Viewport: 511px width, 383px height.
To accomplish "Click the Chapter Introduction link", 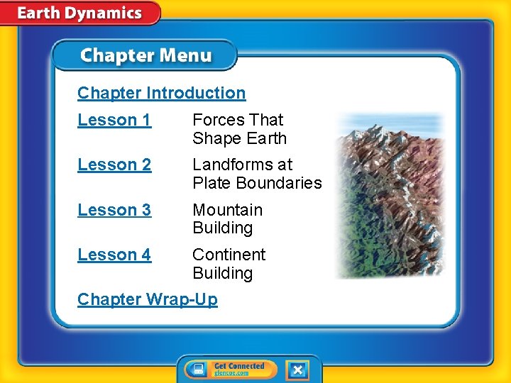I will coord(161,93).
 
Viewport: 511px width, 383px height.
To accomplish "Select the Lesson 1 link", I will coord(114,121).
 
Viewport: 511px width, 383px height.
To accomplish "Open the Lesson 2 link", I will coord(114,165).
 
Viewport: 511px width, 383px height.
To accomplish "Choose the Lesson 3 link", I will coord(114,211).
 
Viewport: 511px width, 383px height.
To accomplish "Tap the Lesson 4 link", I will coord(114,255).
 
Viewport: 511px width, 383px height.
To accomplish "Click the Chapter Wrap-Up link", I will coord(148,299).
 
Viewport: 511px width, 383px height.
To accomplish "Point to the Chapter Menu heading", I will coord(145,56).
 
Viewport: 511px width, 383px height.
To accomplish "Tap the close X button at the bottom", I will coord(297,370).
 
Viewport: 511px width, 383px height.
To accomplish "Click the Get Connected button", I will coord(230,370).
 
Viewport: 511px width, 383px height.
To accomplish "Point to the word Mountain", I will coord(227,211).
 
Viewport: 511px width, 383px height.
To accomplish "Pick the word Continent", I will coord(229,255).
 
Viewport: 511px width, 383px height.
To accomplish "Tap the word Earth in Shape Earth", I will coord(264,138).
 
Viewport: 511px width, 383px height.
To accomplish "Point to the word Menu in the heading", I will coord(185,56).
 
